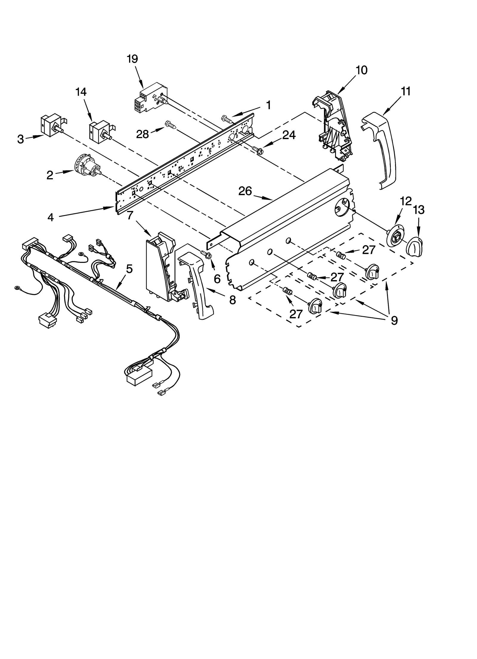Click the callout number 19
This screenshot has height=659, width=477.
pos(132,59)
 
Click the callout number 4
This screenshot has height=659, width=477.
pos(51,217)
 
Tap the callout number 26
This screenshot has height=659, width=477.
pos(245,191)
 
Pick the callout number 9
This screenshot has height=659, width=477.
pos(394,320)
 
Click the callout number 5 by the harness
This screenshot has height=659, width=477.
pos(129,269)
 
